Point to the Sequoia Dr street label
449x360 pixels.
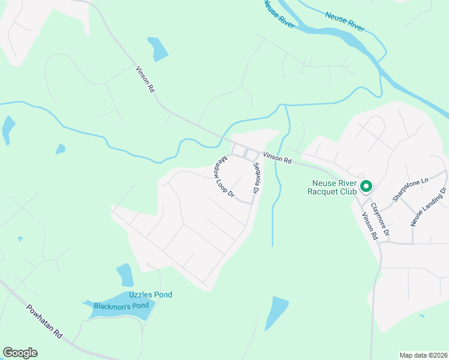click(255, 178)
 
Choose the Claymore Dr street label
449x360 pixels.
click(379, 218)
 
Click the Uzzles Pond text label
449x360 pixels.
click(151, 295)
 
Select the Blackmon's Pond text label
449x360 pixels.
click(121, 306)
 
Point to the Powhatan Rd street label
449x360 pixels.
click(44, 320)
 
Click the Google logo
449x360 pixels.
click(20, 353)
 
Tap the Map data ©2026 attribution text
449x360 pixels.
click(423, 355)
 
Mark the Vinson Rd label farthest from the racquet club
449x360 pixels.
click(146, 79)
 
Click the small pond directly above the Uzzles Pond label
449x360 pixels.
click(125, 275)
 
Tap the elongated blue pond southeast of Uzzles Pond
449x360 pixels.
click(276, 312)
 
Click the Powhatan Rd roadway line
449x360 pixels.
click(24, 307)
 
